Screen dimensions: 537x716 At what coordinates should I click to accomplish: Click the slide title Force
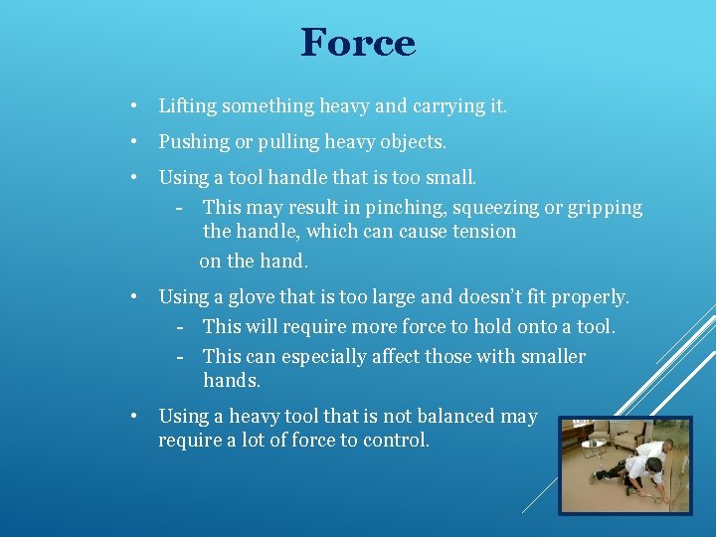tap(358, 43)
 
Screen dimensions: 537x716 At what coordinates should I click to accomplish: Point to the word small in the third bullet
tap(452, 178)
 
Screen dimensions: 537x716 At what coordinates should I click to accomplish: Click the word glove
tap(253, 296)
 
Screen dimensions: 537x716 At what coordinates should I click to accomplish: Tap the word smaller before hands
tap(548, 356)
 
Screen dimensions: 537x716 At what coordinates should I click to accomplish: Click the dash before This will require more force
tap(181, 327)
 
